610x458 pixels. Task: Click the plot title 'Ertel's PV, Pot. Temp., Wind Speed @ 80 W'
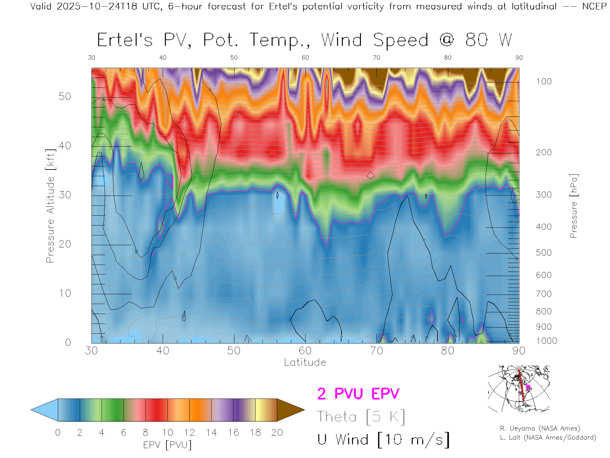click(304, 40)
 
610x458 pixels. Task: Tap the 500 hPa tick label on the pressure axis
click(544, 253)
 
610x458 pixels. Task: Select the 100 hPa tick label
click(544, 81)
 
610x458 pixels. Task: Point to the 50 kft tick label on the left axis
click(64, 96)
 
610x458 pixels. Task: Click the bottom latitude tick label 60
click(305, 350)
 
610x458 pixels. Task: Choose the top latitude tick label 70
click(376, 58)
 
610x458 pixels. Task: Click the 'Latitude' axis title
click(305, 362)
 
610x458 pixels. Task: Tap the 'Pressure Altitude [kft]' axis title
click(50, 206)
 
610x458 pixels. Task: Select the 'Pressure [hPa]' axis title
click(573, 206)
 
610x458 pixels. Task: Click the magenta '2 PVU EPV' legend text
click(358, 394)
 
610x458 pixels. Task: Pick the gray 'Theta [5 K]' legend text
click(361, 417)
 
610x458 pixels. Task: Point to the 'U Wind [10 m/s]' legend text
click(383, 440)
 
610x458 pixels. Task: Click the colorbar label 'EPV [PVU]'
click(167, 445)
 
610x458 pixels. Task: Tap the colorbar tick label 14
click(211, 433)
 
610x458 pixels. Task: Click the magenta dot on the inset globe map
click(528, 387)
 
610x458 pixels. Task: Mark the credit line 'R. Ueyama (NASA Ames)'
click(540, 428)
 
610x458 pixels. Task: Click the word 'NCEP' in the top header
click(594, 6)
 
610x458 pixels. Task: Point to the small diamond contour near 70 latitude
click(370, 175)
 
